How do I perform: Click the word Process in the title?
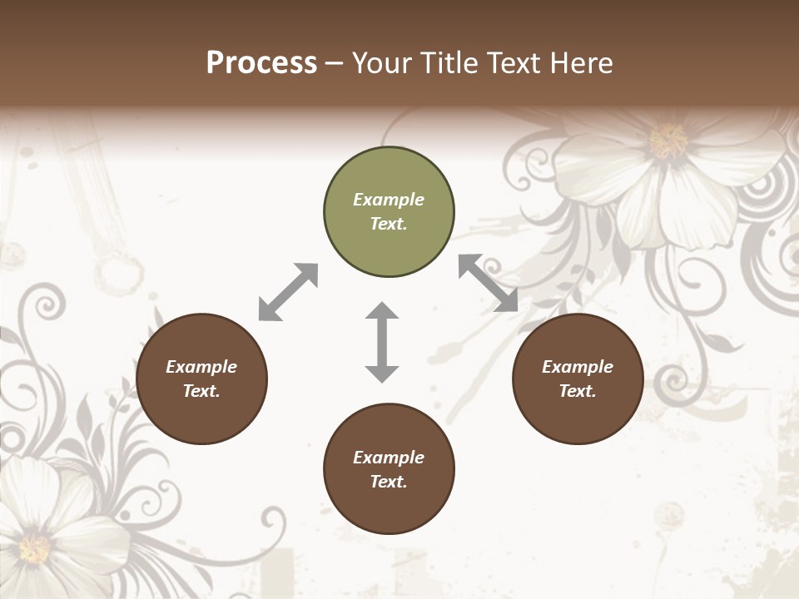coord(261,63)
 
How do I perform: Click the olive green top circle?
coord(389,212)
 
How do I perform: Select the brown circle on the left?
coord(201,379)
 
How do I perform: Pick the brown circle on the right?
coord(578,379)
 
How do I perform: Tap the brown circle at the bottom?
coord(389,469)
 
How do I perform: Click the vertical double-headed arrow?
coord(382,343)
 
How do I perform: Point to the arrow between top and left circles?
coord(288,292)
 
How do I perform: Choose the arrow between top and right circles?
coord(488,283)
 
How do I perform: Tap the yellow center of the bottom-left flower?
coord(34,548)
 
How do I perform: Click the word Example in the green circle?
coord(389,200)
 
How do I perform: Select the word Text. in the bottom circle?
coord(389,482)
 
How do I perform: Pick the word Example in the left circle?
coord(201,367)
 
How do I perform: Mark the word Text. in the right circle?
coord(578,391)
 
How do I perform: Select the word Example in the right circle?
coord(578,367)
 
